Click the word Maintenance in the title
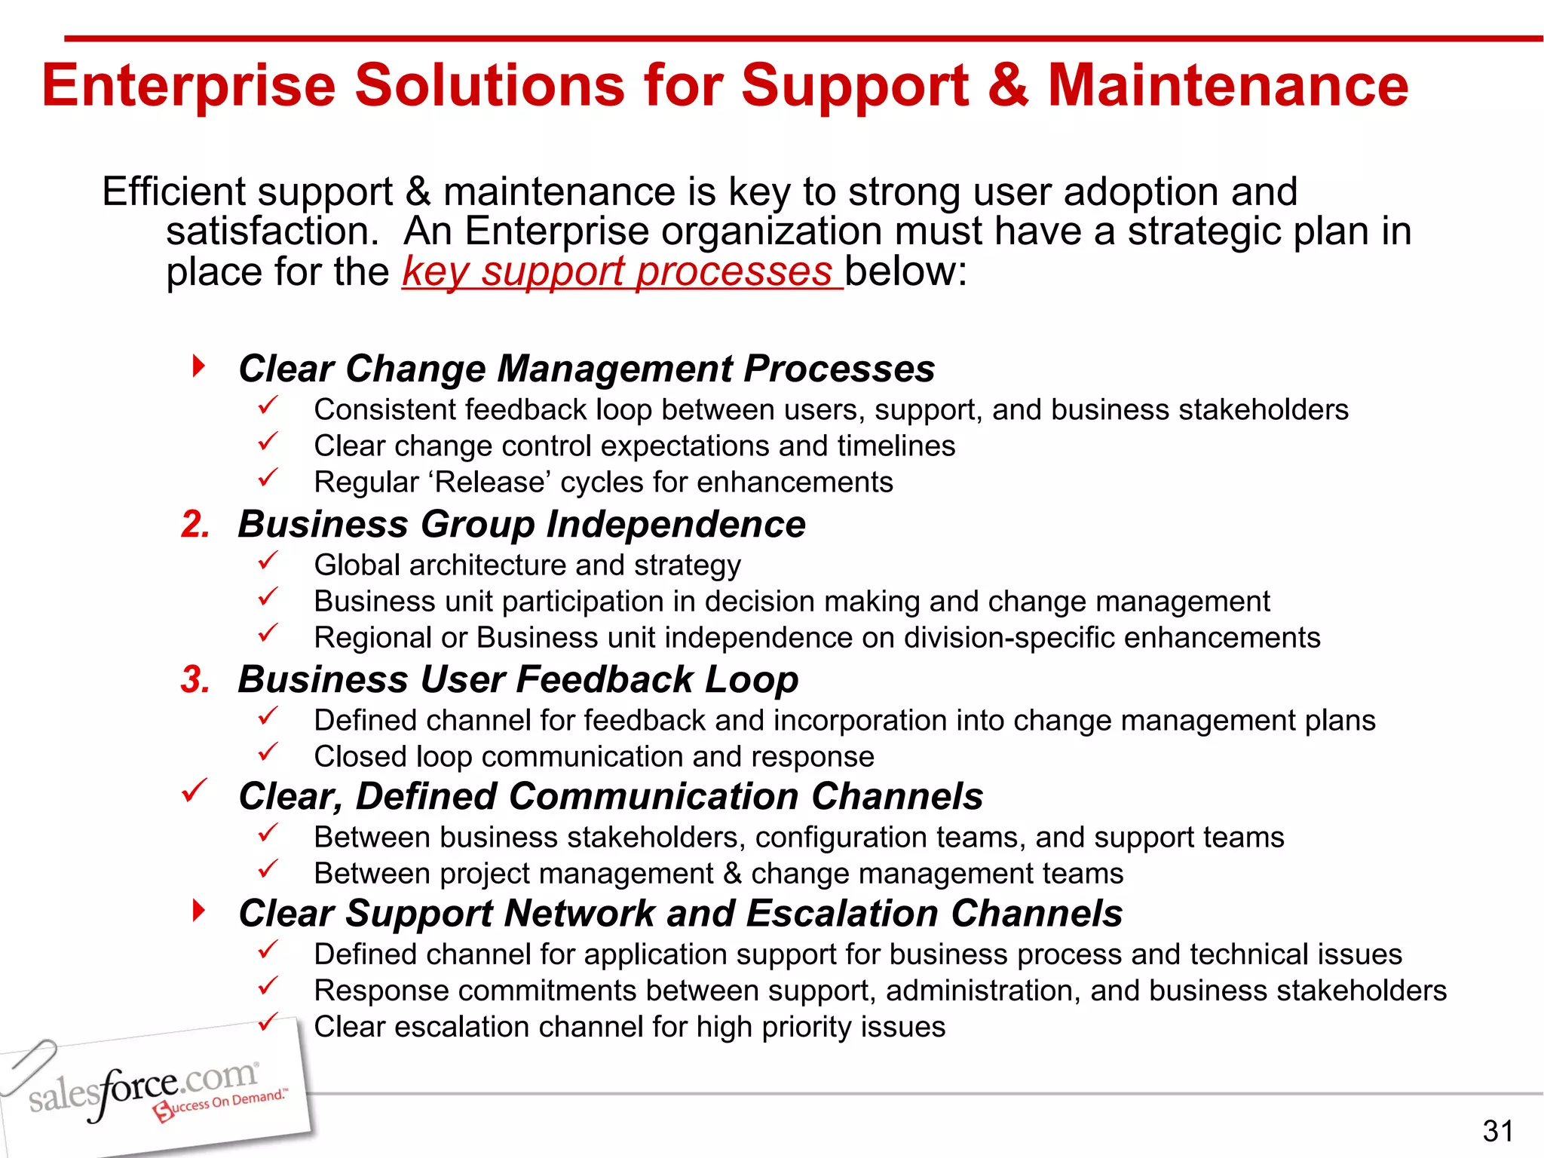coord(1227,85)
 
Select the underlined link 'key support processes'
coord(621,271)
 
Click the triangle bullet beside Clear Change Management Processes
coord(198,367)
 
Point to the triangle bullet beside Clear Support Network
coord(198,911)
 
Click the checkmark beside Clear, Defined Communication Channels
coord(195,792)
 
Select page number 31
coord(1497,1131)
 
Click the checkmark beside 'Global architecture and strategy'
coord(268,561)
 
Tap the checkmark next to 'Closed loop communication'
coord(268,752)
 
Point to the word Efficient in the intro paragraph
coord(173,191)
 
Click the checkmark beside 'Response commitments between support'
coord(268,986)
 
